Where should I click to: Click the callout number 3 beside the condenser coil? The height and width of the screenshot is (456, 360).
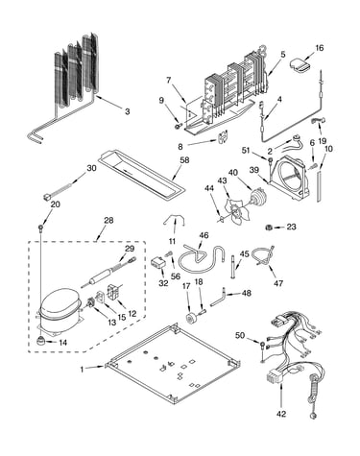[x=128, y=111]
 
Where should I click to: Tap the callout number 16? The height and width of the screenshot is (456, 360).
[x=320, y=48]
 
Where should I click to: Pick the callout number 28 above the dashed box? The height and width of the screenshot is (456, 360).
[x=108, y=220]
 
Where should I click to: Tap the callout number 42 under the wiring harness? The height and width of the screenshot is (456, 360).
[x=281, y=414]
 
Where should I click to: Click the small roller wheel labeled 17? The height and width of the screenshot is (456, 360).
[x=192, y=318]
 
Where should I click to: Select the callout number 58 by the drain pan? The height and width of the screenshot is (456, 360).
[x=184, y=160]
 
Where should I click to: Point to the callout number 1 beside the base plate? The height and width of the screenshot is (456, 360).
[x=82, y=370]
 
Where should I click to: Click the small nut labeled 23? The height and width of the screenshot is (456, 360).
[x=269, y=228]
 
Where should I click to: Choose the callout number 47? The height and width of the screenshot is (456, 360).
[x=278, y=283]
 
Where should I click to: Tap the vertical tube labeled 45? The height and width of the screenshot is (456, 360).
[x=232, y=267]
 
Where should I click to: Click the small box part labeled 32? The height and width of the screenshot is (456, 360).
[x=158, y=263]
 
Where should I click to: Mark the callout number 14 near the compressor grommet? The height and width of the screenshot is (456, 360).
[x=63, y=343]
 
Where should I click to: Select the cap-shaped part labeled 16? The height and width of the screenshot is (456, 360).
[x=300, y=64]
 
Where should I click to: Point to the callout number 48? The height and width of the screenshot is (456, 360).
[x=247, y=293]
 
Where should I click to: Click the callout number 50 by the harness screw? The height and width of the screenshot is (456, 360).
[x=240, y=335]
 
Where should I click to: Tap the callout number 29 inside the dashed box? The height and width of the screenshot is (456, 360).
[x=130, y=249]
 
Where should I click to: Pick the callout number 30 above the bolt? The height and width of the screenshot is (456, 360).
[x=91, y=168]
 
